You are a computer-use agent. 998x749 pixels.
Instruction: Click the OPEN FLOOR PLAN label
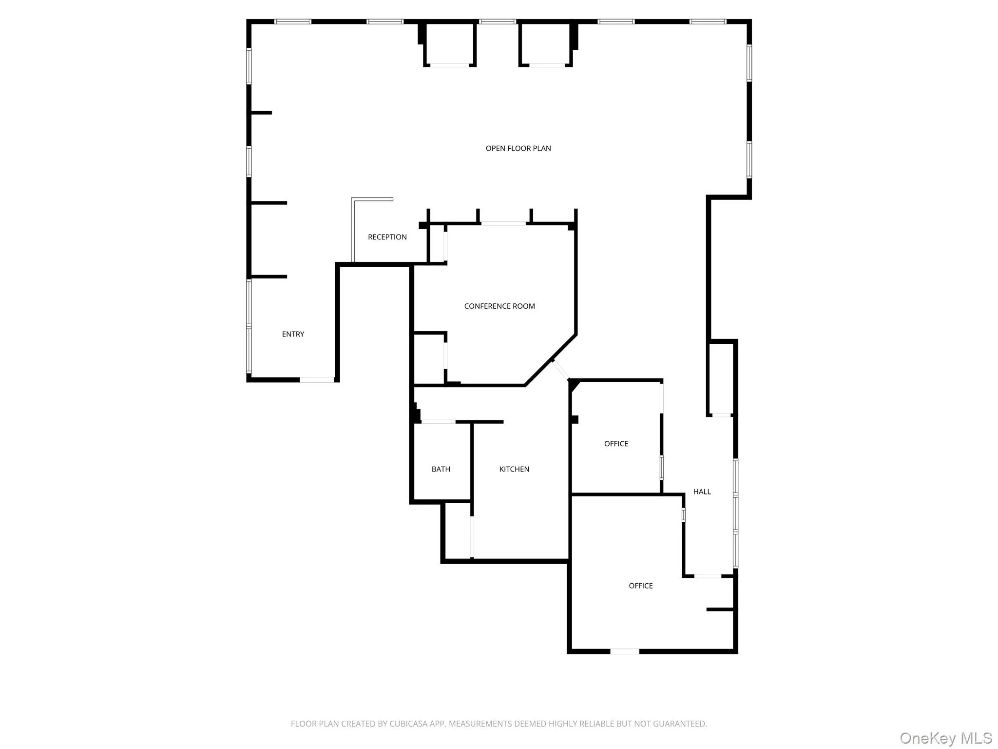tap(518, 148)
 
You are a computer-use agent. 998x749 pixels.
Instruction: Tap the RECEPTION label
tap(387, 237)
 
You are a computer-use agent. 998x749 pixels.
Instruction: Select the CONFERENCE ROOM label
tap(499, 306)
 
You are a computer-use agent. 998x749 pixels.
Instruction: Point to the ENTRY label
tap(293, 334)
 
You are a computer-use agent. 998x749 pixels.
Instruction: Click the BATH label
tap(441, 469)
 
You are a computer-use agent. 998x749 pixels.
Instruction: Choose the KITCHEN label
tap(514, 469)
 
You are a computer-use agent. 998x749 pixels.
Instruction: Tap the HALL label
tap(702, 492)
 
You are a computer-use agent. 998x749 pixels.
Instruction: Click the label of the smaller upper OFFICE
tap(616, 444)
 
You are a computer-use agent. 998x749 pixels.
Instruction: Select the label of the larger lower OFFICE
tap(640, 586)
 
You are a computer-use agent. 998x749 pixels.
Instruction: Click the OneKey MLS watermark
tap(945, 738)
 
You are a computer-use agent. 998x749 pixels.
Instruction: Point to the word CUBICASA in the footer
tap(408, 724)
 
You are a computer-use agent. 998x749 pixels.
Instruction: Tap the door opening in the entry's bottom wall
tap(317, 379)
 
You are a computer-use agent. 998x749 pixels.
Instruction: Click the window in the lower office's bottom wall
tap(625, 651)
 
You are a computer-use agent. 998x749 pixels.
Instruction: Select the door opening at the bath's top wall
tap(438, 422)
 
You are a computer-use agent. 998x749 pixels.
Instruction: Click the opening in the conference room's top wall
tap(503, 224)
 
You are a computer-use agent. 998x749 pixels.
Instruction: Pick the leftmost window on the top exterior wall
tap(292, 21)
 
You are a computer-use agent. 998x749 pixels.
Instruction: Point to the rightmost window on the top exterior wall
tap(708, 21)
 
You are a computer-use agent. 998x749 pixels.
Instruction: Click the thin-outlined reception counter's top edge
tap(372, 199)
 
